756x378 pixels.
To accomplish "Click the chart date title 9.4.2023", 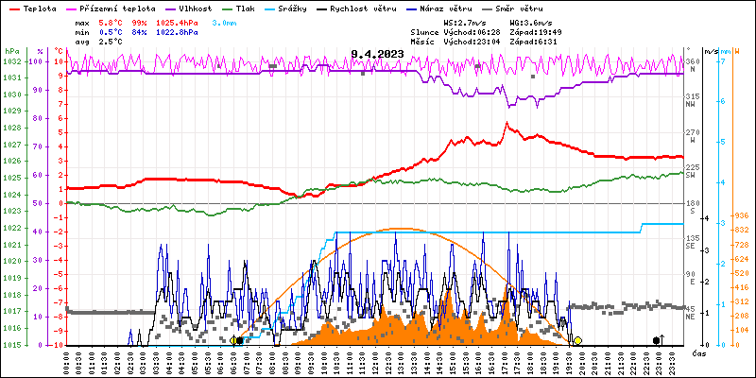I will click(x=375, y=55).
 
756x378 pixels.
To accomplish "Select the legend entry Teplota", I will click(x=39, y=8).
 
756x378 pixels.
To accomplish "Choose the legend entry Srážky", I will click(x=298, y=8).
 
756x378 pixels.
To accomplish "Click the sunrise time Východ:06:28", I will click(x=469, y=31).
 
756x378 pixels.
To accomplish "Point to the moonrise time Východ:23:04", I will click(x=469, y=42).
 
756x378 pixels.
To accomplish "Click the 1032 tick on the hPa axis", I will click(x=11, y=61).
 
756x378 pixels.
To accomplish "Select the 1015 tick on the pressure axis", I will click(x=11, y=345).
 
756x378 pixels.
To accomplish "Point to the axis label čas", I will click(x=699, y=353).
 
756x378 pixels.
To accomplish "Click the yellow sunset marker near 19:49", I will click(x=577, y=340).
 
